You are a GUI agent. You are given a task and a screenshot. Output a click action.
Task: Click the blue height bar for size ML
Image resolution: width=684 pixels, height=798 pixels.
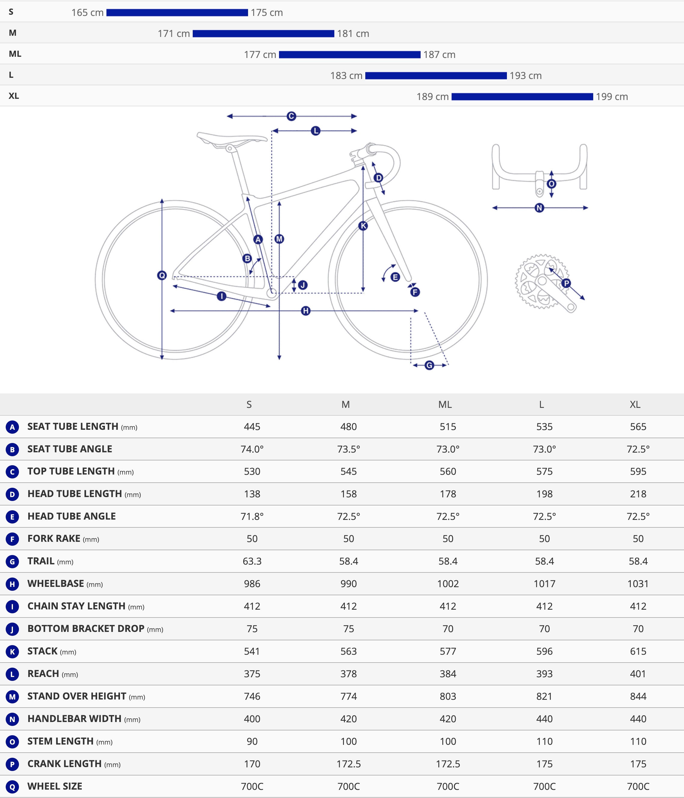pyautogui.click(x=349, y=55)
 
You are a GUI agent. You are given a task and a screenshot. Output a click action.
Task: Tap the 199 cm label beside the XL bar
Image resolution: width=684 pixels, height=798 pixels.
pyautogui.click(x=612, y=97)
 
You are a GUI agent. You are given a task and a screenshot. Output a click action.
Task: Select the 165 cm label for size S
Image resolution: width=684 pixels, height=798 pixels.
pyautogui.click(x=87, y=13)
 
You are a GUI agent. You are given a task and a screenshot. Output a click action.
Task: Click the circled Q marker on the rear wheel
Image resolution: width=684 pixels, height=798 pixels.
pyautogui.click(x=162, y=275)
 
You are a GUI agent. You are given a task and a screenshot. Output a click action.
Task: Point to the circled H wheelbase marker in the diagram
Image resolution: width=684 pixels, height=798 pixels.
pyautogui.click(x=305, y=311)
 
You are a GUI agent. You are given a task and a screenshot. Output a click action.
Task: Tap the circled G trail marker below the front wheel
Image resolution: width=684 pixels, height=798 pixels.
pyautogui.click(x=429, y=365)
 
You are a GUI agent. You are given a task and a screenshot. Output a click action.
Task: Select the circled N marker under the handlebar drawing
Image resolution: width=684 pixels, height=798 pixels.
pyautogui.click(x=539, y=208)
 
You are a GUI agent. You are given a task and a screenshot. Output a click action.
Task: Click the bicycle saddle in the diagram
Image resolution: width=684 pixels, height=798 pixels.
pyautogui.click(x=231, y=139)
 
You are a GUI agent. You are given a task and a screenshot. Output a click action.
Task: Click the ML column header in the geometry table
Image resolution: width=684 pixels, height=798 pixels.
pyautogui.click(x=445, y=404)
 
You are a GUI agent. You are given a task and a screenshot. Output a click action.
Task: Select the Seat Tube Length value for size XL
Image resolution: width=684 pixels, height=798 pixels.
pyautogui.click(x=638, y=427)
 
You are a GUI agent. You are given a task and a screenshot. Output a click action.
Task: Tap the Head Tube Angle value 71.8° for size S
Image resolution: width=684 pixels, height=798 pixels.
pyautogui.click(x=252, y=517)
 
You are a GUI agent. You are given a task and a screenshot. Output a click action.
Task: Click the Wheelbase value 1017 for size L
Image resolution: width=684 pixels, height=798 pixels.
pyautogui.click(x=544, y=584)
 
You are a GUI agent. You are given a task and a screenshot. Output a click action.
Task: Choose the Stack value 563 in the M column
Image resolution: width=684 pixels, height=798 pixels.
pyautogui.click(x=348, y=651)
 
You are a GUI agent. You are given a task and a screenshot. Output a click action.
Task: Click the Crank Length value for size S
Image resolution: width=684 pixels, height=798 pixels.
pyautogui.click(x=252, y=764)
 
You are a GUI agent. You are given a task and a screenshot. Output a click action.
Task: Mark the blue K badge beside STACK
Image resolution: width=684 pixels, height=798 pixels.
pyautogui.click(x=12, y=652)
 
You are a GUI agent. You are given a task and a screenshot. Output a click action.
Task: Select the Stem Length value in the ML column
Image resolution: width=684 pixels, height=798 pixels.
pyautogui.click(x=448, y=741)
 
